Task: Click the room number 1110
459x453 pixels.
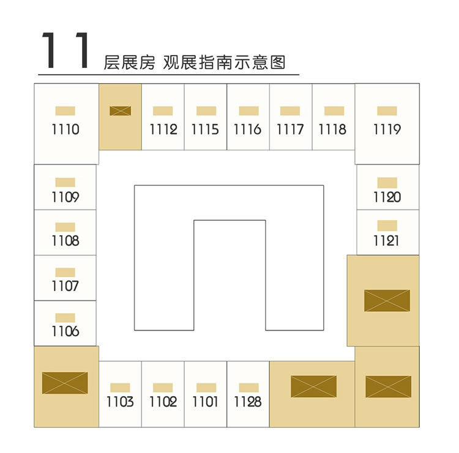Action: click(65, 129)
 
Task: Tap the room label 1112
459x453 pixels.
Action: click(163, 129)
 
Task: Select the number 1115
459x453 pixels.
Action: click(205, 129)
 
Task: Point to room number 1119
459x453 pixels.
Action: click(387, 129)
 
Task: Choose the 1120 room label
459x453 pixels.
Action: click(387, 197)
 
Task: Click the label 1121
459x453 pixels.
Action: click(386, 241)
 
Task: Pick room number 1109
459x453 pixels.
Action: click(65, 197)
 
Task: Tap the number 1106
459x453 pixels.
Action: click(65, 331)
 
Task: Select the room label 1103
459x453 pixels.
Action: click(120, 402)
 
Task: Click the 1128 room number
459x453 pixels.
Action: click(248, 402)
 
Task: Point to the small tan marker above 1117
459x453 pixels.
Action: click(290, 111)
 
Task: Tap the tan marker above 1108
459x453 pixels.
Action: click(65, 227)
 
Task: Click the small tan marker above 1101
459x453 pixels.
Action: click(206, 388)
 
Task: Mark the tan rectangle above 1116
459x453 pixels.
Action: click(249, 111)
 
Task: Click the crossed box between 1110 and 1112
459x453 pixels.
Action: click(121, 111)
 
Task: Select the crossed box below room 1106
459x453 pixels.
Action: click(65, 383)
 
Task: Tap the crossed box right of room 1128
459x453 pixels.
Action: click(313, 386)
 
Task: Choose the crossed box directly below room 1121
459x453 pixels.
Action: click(387, 301)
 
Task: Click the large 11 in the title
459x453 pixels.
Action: click(65, 50)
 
